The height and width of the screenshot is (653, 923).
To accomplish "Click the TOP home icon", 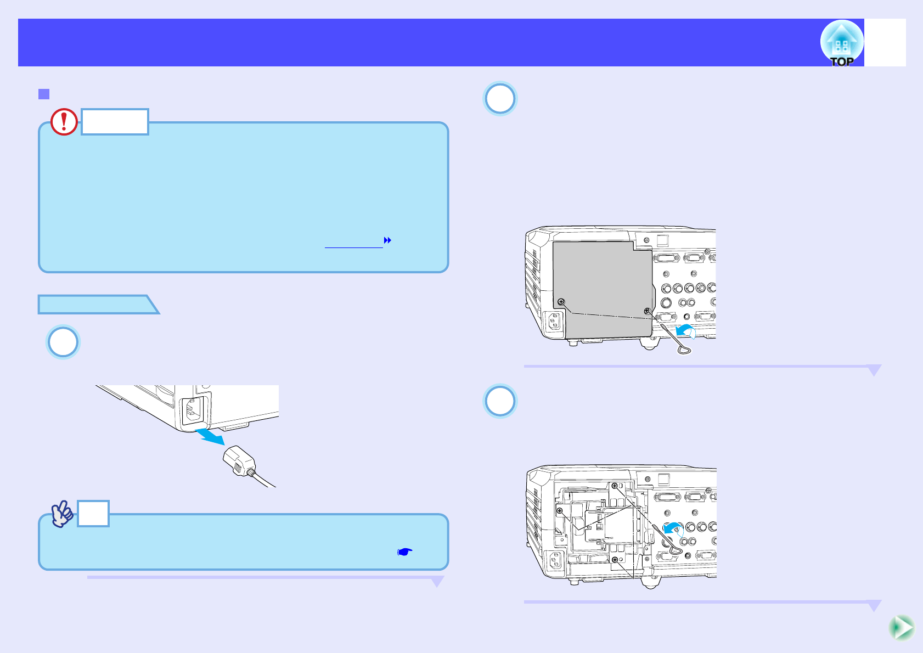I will tap(841, 43).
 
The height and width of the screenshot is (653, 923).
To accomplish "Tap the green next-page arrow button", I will tap(901, 628).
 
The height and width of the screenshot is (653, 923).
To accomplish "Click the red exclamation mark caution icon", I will tap(64, 122).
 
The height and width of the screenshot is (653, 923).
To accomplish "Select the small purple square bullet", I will tap(44, 94).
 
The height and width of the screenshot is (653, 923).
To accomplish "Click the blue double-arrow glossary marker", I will tap(387, 240).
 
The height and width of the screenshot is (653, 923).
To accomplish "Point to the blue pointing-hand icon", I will tap(404, 551).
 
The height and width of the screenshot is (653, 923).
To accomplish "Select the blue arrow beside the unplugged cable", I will tap(211, 436).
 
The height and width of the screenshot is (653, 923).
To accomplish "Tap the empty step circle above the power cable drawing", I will tap(63, 342).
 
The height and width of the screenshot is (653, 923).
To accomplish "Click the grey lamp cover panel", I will tap(601, 285).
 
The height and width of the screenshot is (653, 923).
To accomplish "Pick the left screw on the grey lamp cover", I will tap(561, 302).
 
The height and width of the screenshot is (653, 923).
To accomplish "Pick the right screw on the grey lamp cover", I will tap(647, 311).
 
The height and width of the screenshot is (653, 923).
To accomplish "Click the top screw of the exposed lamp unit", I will tap(615, 486).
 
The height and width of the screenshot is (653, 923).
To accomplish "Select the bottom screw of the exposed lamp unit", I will tap(615, 560).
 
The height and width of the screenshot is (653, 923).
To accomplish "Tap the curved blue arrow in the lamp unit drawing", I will tap(673, 529).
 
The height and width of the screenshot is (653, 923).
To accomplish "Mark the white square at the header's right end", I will tap(885, 43).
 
